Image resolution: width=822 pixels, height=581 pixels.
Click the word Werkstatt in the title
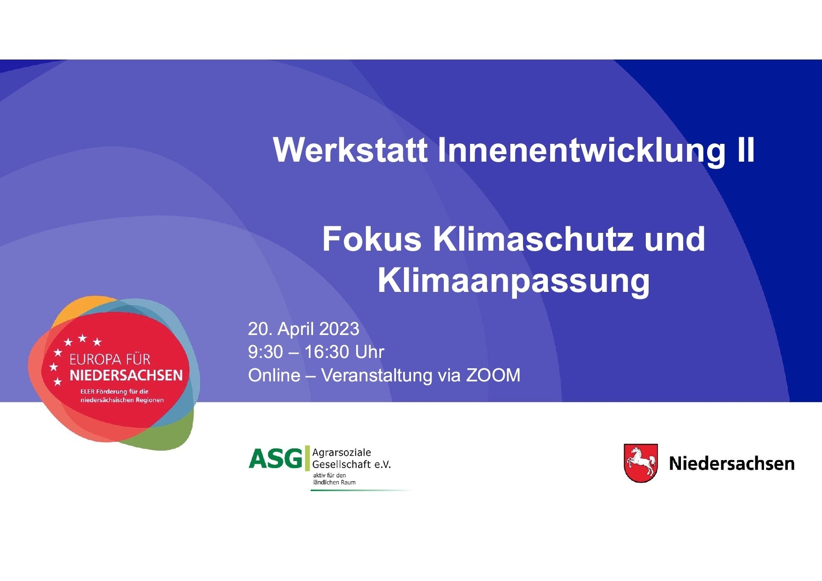(351, 150)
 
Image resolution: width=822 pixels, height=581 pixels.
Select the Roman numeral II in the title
(746, 150)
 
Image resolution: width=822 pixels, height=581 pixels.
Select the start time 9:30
(266, 352)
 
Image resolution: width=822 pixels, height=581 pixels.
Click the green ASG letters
(276, 458)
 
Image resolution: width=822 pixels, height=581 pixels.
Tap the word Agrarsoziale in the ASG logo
(342, 453)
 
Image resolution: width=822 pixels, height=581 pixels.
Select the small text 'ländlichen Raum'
(334, 482)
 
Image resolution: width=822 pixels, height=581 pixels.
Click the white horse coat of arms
(641, 463)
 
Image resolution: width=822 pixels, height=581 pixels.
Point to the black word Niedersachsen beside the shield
(732, 463)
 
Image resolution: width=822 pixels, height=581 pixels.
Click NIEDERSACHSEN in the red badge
(126, 375)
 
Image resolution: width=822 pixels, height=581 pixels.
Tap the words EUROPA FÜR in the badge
(110, 359)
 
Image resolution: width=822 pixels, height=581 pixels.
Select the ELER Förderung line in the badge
(114, 391)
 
